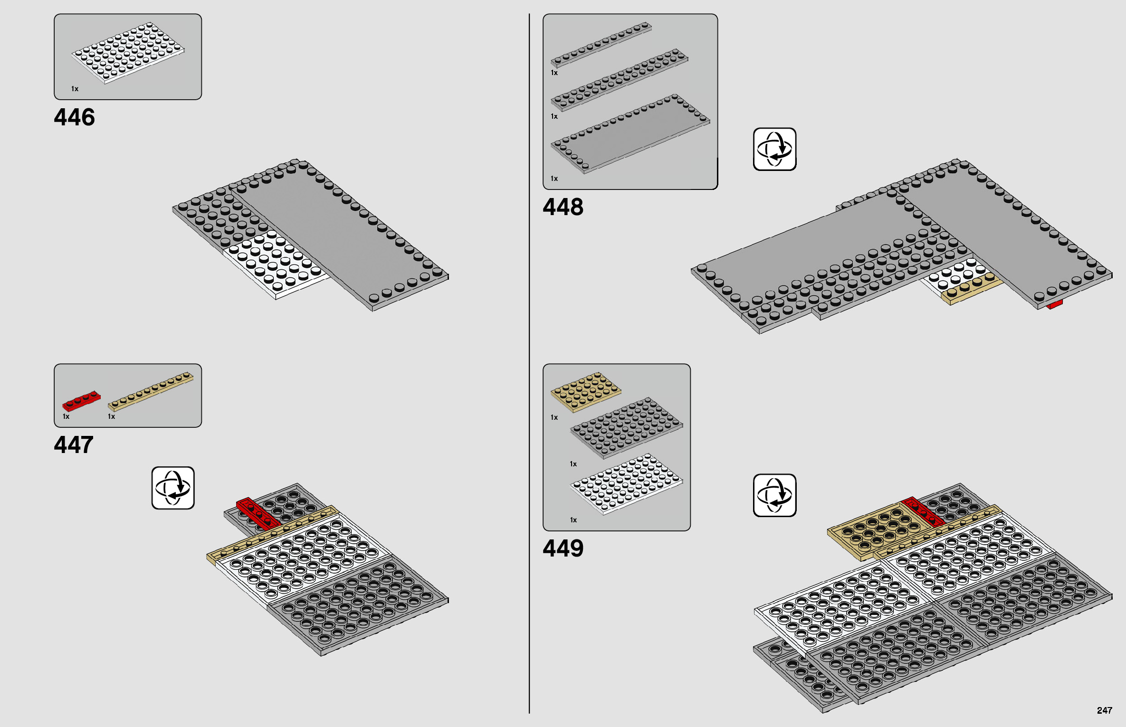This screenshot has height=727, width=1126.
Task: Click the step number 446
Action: click(x=74, y=117)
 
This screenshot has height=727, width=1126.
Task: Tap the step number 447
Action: click(x=74, y=445)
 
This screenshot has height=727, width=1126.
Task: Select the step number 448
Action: click(x=563, y=207)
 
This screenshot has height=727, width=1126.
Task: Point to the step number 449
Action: click(x=563, y=548)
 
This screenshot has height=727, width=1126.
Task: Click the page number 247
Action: click(x=1104, y=710)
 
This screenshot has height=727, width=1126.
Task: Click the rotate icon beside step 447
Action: click(x=173, y=488)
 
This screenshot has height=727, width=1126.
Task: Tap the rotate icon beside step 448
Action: click(x=774, y=149)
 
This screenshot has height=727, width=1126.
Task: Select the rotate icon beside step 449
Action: click(x=774, y=495)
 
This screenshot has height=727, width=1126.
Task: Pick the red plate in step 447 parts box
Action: click(x=81, y=401)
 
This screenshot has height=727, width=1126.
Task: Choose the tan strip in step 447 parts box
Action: click(x=151, y=391)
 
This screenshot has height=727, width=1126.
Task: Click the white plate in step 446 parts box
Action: click(x=128, y=52)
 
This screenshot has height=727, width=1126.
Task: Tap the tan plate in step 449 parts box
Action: click(x=586, y=391)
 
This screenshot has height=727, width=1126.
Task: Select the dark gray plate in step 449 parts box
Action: click(x=626, y=427)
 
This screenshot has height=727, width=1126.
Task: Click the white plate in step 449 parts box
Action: click(x=626, y=483)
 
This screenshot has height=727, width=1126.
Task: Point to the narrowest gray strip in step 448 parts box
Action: click(x=601, y=43)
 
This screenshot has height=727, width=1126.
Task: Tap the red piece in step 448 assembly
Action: click(x=1054, y=304)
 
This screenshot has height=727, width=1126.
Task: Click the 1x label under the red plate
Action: click(x=66, y=416)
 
